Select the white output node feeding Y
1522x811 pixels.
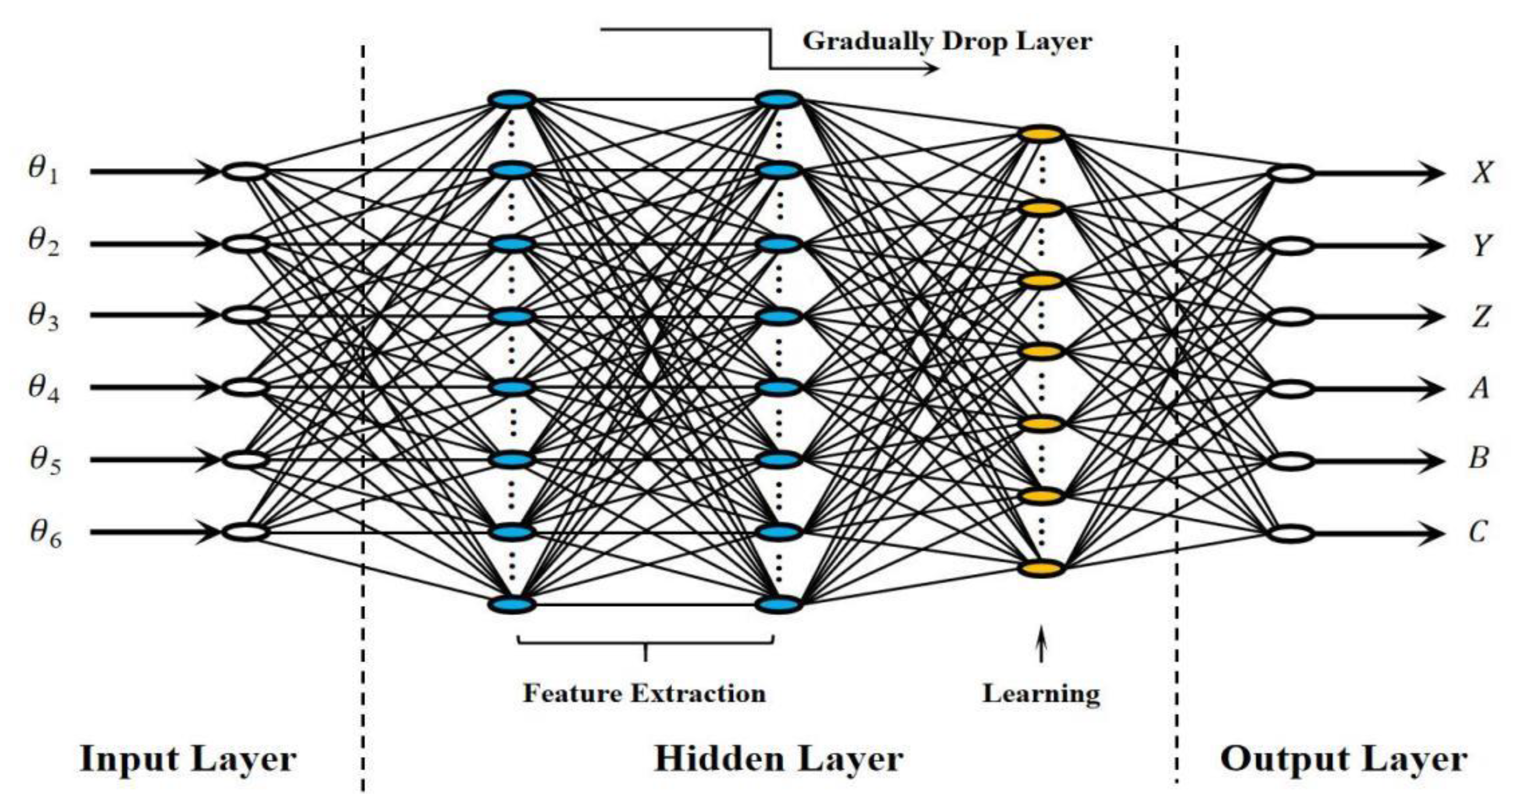[1292, 246]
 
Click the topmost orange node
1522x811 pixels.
[1042, 135]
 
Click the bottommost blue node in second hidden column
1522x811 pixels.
[779, 605]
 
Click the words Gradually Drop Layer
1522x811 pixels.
[947, 42]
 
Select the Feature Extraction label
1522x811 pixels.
[644, 693]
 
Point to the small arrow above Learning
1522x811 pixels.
[1042, 647]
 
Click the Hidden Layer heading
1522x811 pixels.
[779, 759]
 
